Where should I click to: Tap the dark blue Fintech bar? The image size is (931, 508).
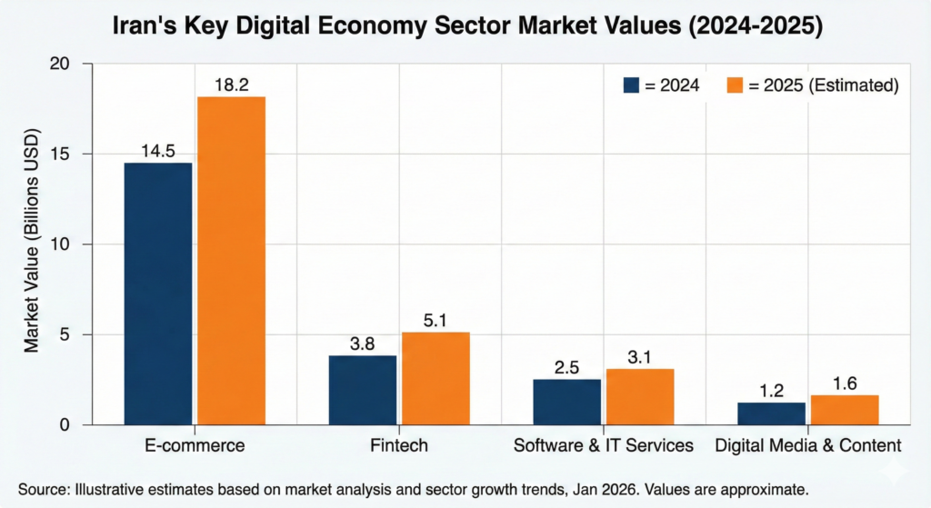point(363,390)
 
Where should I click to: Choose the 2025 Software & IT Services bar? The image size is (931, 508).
point(640,396)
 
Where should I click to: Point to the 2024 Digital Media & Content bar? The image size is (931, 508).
point(771,413)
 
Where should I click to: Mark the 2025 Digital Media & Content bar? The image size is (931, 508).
point(845,410)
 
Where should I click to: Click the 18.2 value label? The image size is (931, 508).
point(231,85)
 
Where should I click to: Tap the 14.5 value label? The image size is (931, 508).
point(158,151)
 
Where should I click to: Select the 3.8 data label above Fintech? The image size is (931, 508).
point(363,344)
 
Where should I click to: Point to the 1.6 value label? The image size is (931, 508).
point(845,383)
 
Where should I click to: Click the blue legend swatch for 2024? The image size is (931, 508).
point(633,85)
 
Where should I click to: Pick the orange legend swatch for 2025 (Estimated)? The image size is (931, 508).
point(736,85)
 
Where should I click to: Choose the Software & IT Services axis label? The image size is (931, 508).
point(603,445)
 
